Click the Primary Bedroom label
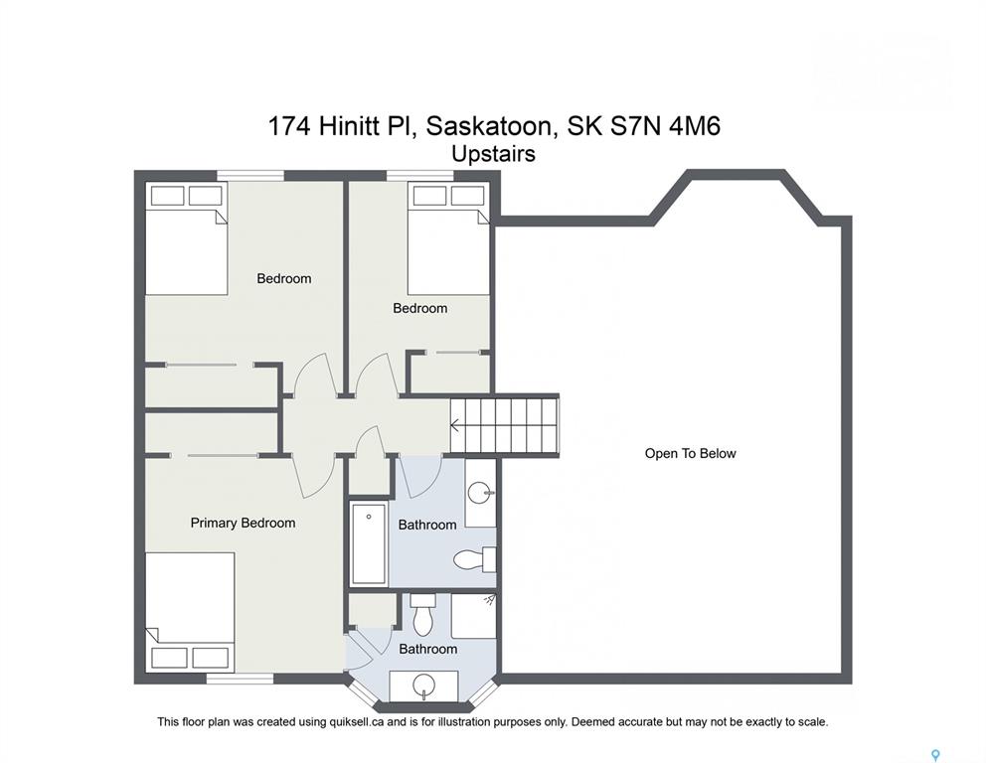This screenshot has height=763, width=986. pos(243,523)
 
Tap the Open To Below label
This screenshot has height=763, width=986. pos(690,453)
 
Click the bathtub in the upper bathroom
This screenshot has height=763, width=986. pos(369,543)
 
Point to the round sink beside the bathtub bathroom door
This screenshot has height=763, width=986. pos(482,492)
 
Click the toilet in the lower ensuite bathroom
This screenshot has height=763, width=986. pos(422,614)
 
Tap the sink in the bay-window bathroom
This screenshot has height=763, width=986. pos(423,684)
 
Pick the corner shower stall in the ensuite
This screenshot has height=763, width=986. pos(473,616)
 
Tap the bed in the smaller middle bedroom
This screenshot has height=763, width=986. pos(448,238)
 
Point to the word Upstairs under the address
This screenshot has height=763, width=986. pos(494,154)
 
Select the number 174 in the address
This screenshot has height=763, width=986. pos(290,126)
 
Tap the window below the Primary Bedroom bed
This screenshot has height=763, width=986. pos(240,679)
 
